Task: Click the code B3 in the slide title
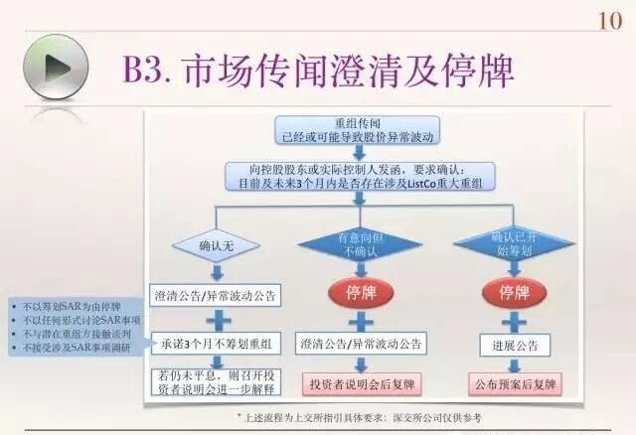click(x=150, y=70)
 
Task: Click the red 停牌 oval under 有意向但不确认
click(x=359, y=294)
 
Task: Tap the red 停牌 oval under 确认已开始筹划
click(x=513, y=294)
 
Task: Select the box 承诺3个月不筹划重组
click(x=216, y=345)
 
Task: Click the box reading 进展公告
click(x=514, y=345)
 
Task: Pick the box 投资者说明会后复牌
click(x=360, y=383)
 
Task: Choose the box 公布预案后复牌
click(x=514, y=383)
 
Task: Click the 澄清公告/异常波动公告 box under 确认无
click(x=216, y=295)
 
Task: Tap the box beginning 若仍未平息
click(x=216, y=382)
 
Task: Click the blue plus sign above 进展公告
click(x=514, y=320)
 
